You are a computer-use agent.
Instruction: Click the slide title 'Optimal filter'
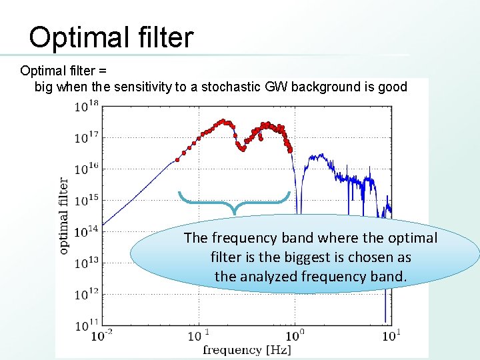(111, 37)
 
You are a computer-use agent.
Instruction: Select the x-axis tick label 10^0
(296, 335)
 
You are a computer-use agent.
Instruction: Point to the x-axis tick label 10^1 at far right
(391, 335)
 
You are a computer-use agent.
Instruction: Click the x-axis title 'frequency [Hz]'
(247, 349)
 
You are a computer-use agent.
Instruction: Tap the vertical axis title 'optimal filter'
(64, 215)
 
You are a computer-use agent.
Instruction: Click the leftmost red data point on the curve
(177, 159)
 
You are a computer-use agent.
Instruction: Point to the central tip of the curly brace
(234, 212)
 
